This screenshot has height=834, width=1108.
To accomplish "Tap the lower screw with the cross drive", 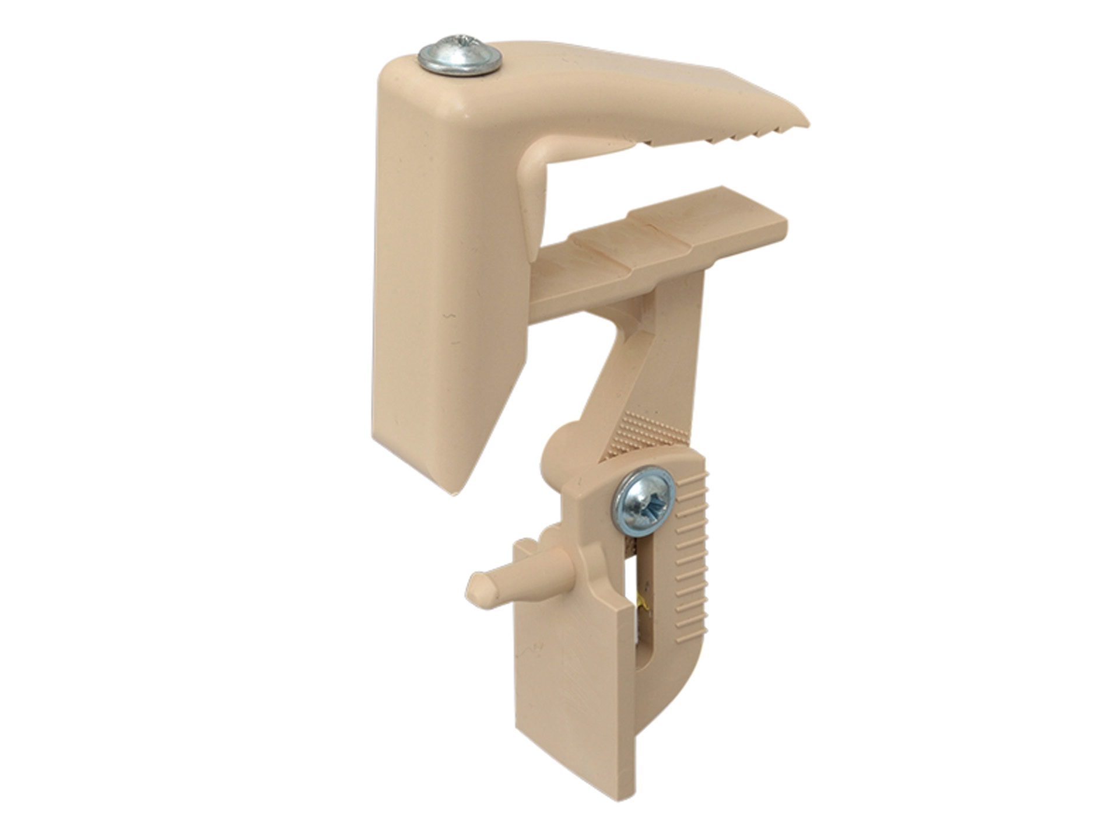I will [x=644, y=500].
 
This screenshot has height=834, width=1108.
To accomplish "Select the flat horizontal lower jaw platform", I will [x=659, y=245].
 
